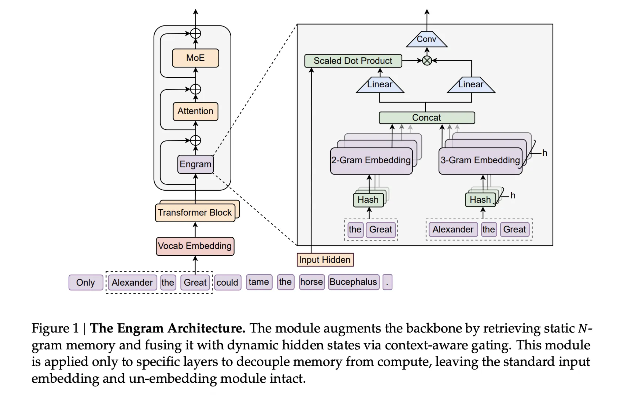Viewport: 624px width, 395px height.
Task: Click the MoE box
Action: (195, 58)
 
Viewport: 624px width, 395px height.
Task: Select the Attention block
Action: (195, 111)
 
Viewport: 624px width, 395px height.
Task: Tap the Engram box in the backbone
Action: (195, 164)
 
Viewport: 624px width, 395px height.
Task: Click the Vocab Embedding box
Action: (195, 246)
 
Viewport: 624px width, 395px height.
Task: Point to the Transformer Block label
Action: (195, 212)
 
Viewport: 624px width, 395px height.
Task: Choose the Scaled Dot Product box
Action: (353, 61)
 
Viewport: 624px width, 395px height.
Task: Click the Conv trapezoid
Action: (427, 40)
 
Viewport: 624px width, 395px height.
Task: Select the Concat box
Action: (427, 118)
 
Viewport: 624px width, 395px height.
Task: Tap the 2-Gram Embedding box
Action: (371, 161)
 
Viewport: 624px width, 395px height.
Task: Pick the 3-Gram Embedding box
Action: (480, 161)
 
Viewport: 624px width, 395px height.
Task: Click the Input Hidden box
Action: (325, 260)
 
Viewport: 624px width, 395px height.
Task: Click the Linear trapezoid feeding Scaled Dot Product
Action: (380, 85)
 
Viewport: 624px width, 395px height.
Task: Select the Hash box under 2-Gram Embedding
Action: (368, 200)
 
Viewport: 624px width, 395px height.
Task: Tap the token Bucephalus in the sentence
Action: (354, 282)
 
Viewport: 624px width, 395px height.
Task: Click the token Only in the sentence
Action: (86, 283)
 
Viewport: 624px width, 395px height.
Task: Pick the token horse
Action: (312, 282)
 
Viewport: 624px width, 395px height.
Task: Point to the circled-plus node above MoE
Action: (195, 34)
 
